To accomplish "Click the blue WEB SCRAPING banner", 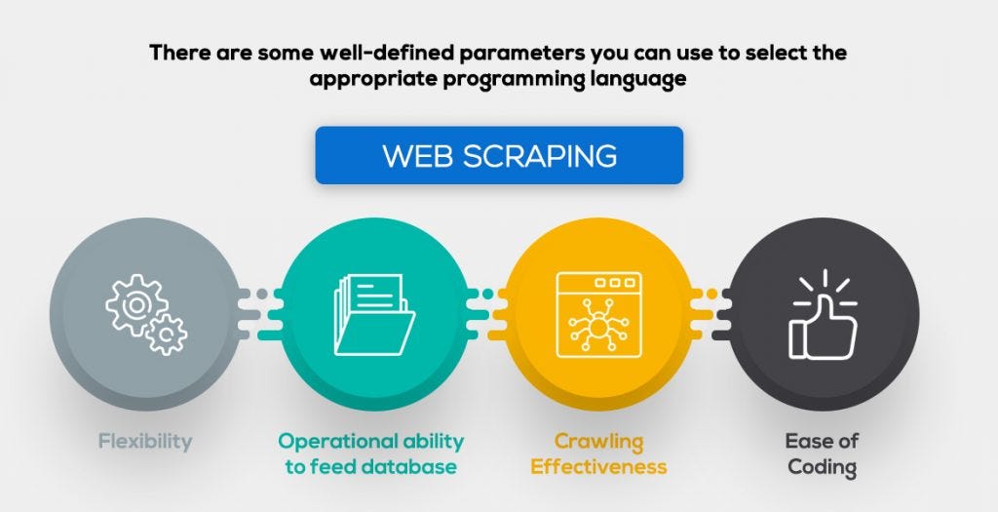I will coord(498,155).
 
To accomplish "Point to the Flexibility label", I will coord(145,441).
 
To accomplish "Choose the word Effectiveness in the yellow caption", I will coord(598,466).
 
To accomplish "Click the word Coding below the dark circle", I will coord(822,467).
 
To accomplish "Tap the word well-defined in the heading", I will coord(334,53).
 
